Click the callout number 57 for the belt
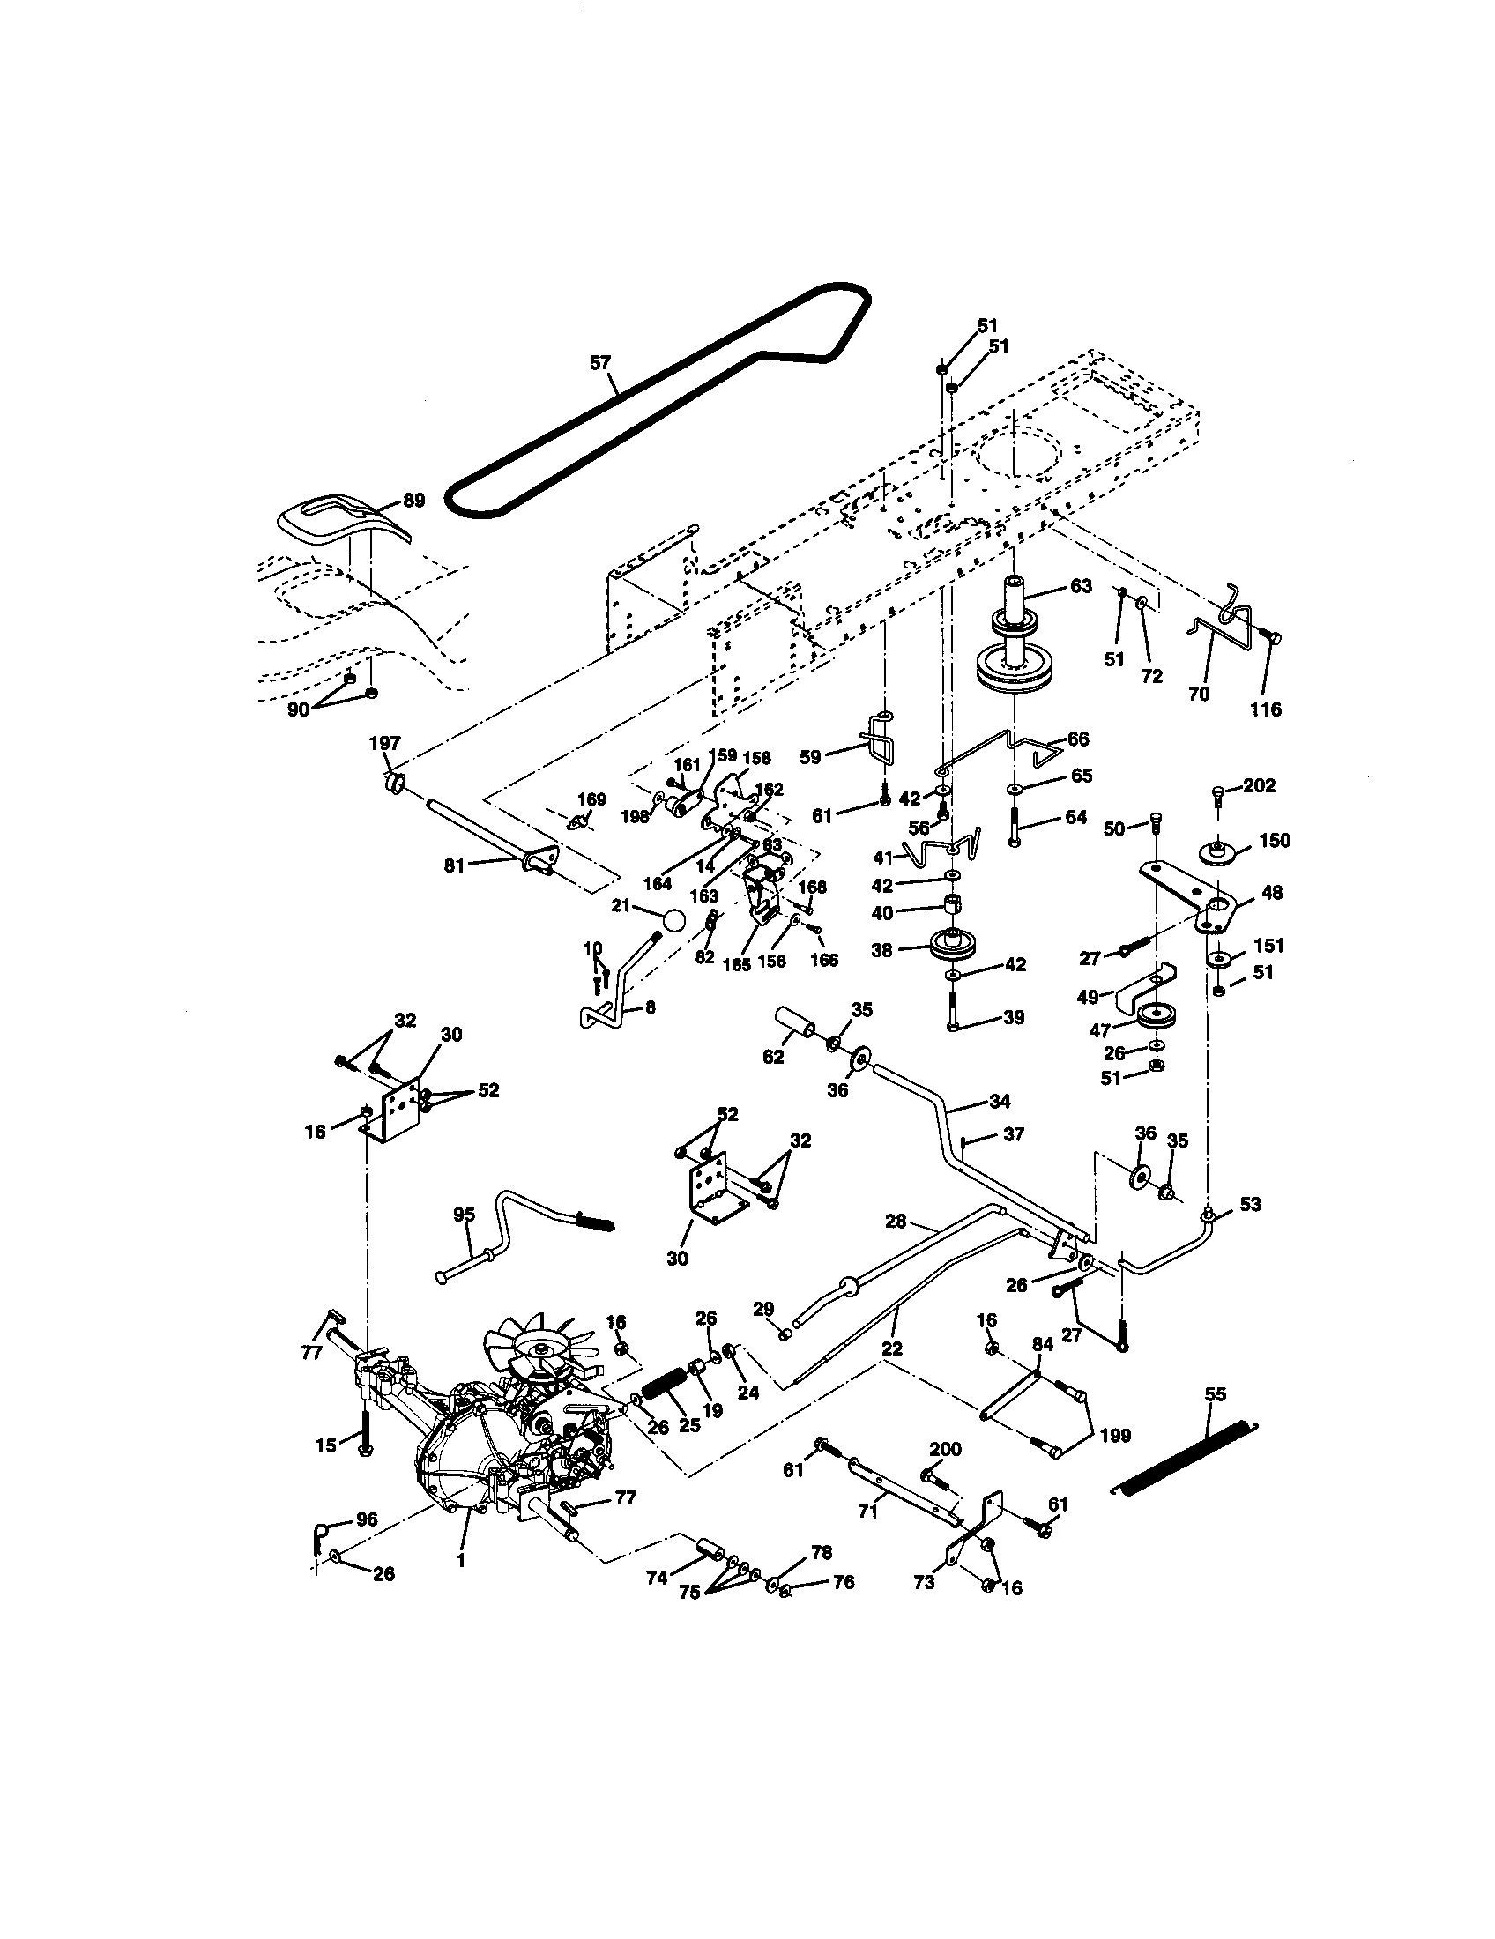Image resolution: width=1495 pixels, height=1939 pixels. [x=600, y=362]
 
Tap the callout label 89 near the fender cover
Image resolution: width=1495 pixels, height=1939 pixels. [x=413, y=500]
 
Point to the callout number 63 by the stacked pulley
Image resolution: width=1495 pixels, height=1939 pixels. [x=1081, y=587]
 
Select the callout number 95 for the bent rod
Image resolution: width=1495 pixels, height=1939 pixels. [x=465, y=1215]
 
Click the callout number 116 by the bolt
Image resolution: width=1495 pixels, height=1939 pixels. [x=1266, y=709]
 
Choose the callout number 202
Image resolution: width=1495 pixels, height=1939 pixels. [x=1259, y=784]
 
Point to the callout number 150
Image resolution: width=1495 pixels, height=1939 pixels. [x=1275, y=840]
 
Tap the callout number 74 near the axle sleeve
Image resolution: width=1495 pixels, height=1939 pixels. [x=657, y=1578]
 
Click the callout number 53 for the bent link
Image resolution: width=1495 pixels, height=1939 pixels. [x=1251, y=1205]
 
